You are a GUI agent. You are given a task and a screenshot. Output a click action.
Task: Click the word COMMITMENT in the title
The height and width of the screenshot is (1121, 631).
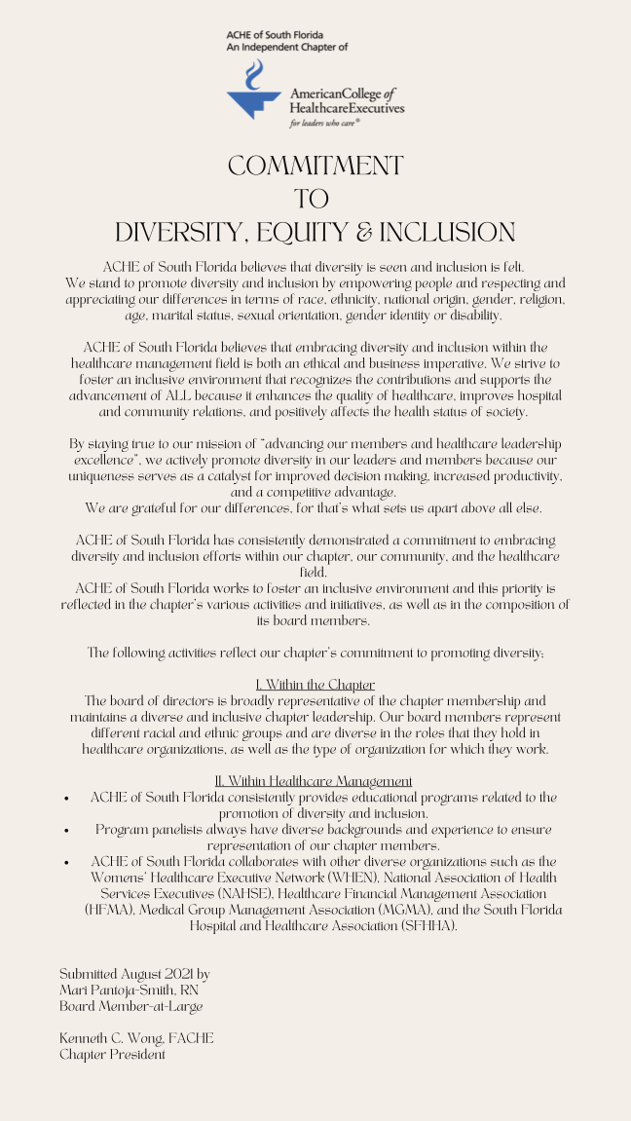point(315,166)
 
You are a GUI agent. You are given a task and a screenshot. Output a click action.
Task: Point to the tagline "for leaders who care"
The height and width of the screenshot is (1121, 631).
point(324,125)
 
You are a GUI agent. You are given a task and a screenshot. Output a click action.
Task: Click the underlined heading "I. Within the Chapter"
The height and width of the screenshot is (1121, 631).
point(315,685)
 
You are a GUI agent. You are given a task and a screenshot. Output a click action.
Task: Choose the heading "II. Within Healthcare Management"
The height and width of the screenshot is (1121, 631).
point(314,781)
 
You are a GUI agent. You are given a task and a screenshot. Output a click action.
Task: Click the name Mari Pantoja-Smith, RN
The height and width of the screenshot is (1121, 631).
point(129,990)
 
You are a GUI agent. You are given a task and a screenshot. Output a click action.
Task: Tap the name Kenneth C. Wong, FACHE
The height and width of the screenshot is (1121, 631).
point(136,1038)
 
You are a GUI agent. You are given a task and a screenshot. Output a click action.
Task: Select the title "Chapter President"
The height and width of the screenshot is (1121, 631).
point(112,1054)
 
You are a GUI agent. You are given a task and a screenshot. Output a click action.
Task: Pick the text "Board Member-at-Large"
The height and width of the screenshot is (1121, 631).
point(130,1005)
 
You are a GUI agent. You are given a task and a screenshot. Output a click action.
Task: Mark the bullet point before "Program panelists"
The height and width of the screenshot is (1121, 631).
point(65,830)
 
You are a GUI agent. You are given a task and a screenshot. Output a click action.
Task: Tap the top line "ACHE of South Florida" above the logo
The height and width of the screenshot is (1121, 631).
point(276,35)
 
